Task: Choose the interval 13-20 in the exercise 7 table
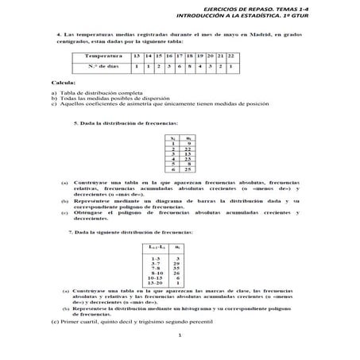tap(157, 283)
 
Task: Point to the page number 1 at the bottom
tap(180, 345)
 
